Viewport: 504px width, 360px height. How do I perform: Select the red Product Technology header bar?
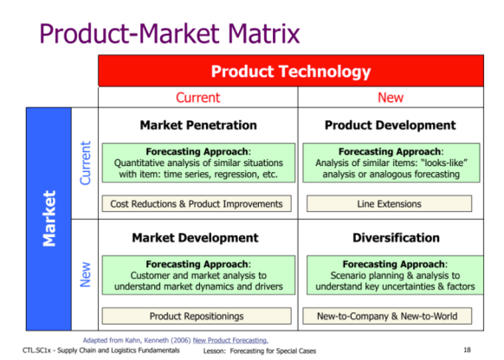pyautogui.click(x=291, y=71)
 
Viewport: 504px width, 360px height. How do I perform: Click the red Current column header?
pyautogui.click(x=197, y=98)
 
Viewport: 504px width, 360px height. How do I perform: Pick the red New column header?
pyautogui.click(x=391, y=98)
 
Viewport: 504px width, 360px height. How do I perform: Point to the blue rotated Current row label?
pyautogui.click(x=85, y=164)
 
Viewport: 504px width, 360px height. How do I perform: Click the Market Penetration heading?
pyautogui.click(x=197, y=125)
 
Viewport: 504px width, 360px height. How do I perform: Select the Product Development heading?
pyautogui.click(x=391, y=125)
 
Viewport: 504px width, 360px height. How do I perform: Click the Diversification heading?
pyautogui.click(x=391, y=237)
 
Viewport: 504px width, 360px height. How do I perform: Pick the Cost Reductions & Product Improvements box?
pyautogui.click(x=197, y=204)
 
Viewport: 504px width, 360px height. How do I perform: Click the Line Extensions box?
pyautogui.click(x=391, y=204)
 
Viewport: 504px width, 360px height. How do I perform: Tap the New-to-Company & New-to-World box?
pyautogui.click(x=391, y=316)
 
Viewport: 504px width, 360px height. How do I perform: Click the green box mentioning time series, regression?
pyautogui.click(x=197, y=162)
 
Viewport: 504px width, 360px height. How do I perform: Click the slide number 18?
pyautogui.click(x=467, y=350)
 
